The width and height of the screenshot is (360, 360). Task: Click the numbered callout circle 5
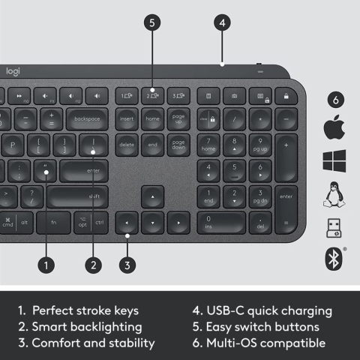pos(152,22)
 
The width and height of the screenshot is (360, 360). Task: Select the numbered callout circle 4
pos(221,22)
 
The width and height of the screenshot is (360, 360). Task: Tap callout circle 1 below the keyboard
pos(46,264)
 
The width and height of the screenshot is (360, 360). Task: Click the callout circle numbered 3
pos(127,264)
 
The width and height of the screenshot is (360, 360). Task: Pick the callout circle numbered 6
pos(337,99)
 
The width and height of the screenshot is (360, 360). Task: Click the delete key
pos(127,145)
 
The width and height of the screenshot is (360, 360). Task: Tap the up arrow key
pos(152,197)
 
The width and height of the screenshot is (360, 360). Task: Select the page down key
pos(178,145)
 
